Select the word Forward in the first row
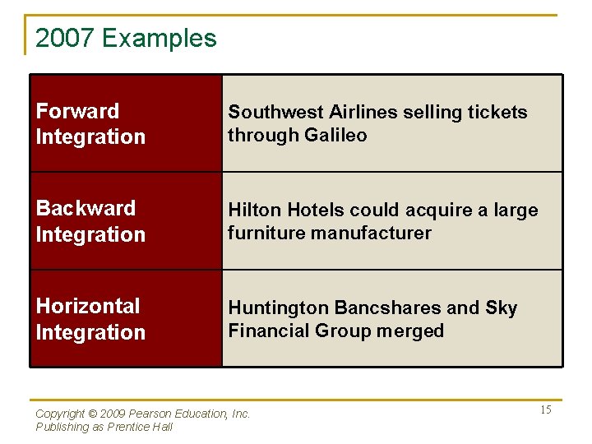(x=77, y=111)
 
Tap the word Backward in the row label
(x=86, y=208)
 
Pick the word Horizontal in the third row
(x=88, y=306)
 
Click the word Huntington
(x=277, y=308)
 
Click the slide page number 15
(x=545, y=410)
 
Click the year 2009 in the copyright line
(x=109, y=414)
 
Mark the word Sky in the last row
(x=501, y=308)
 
